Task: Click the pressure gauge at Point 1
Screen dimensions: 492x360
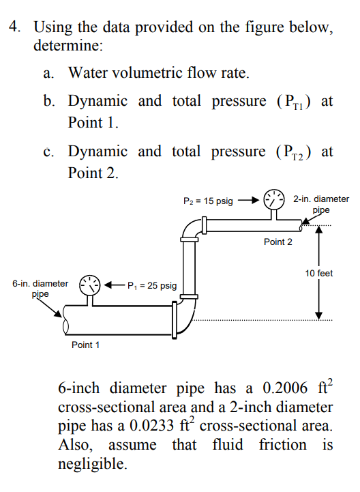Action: coord(90,285)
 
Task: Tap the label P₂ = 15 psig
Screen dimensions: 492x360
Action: coord(208,202)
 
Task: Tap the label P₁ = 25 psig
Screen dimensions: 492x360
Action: coord(153,286)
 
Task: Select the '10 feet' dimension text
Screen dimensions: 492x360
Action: coord(319,273)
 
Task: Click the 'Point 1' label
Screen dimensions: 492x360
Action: coord(85,345)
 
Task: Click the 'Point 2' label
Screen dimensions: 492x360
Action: coord(277,242)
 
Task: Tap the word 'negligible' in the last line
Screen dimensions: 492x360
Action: coord(92,465)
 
